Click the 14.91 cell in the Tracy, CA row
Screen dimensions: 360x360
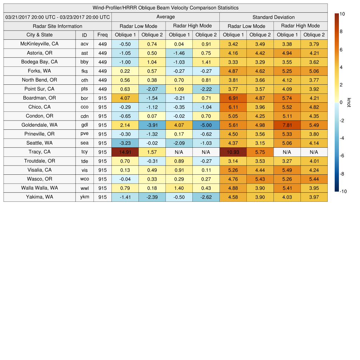click(125, 152)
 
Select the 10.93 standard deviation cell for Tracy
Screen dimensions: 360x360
click(233, 152)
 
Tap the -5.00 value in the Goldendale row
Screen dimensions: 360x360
click(206, 125)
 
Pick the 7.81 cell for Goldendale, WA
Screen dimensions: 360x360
click(287, 125)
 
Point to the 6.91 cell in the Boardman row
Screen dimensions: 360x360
click(233, 98)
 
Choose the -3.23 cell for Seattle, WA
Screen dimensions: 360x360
click(125, 143)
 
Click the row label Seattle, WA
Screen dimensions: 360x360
click(39, 143)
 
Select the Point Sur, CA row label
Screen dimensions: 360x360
click(39, 89)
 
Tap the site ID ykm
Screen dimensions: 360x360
click(84, 197)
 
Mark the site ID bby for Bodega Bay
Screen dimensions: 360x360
click(84, 62)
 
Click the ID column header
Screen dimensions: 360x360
click(84, 35)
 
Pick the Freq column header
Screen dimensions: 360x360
click(102, 35)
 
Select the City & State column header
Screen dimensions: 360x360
click(39, 35)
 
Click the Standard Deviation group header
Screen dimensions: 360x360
click(274, 17)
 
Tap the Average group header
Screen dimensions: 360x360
click(165, 17)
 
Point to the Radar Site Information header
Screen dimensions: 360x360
click(57, 26)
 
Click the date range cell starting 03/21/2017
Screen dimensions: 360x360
click(57, 17)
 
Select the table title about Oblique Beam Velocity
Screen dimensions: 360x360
click(166, 8)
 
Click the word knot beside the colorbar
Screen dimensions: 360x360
click(349, 102)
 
